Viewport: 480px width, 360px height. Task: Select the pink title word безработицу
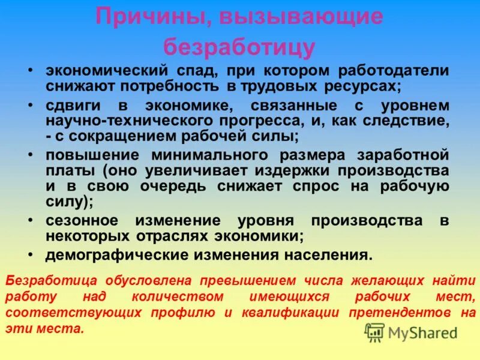[x=239, y=46]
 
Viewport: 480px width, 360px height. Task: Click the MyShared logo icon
[x=374, y=332]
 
